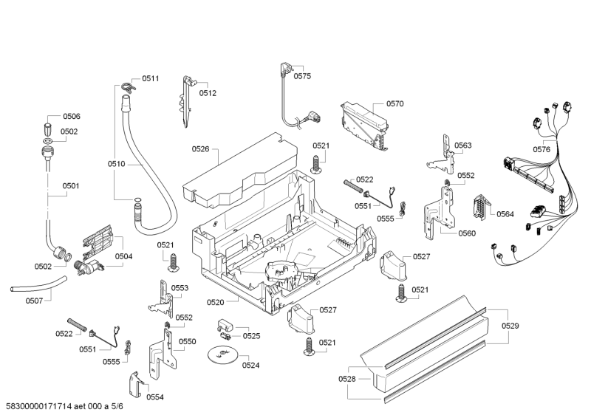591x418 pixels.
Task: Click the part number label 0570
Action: pos(394,104)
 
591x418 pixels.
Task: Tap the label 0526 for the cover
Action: pos(201,149)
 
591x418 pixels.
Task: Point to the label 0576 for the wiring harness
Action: pos(542,149)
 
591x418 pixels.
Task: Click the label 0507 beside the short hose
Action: pos(34,301)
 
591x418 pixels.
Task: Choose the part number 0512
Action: pos(208,93)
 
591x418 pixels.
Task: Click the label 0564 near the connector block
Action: pos(505,214)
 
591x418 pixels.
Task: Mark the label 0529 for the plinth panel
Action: pos(510,325)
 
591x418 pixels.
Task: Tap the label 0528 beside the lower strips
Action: pos(347,379)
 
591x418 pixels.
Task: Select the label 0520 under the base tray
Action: pos(215,302)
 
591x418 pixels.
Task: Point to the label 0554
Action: pos(155,397)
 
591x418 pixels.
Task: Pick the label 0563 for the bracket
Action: pos(463,145)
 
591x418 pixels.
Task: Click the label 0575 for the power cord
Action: pos(302,76)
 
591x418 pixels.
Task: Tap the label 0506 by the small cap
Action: pos(72,117)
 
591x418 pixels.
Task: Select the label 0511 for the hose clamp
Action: pos(151,78)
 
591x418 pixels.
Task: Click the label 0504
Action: pos(123,256)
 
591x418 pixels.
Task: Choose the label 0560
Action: pos(467,233)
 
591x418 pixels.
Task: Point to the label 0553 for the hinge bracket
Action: pos(180,288)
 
